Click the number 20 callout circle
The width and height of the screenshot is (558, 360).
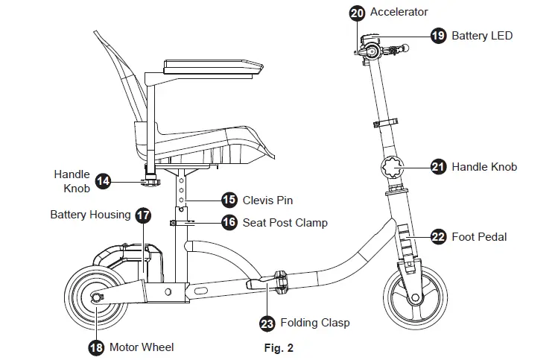click(x=357, y=12)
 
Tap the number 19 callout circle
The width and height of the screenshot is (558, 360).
click(x=439, y=35)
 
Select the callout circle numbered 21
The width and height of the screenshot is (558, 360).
click(x=439, y=167)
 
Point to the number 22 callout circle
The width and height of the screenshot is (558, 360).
click(x=439, y=237)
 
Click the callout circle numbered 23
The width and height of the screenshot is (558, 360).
click(x=267, y=323)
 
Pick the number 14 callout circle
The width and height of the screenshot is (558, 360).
click(x=104, y=180)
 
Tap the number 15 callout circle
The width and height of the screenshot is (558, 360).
click(x=229, y=200)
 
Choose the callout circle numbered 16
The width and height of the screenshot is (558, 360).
click(x=229, y=222)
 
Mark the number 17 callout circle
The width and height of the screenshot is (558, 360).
click(x=143, y=215)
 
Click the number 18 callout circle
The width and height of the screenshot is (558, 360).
click(x=95, y=347)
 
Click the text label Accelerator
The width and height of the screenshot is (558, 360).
click(x=399, y=12)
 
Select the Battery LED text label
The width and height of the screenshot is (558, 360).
click(x=482, y=35)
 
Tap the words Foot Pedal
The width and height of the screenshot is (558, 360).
click(x=479, y=237)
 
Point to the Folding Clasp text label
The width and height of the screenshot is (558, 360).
click(x=314, y=323)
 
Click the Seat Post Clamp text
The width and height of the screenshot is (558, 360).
click(x=285, y=222)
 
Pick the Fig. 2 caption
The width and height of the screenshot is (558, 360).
click(x=279, y=347)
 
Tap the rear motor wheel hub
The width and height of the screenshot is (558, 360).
click(x=95, y=298)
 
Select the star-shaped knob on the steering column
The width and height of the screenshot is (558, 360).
click(x=394, y=167)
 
